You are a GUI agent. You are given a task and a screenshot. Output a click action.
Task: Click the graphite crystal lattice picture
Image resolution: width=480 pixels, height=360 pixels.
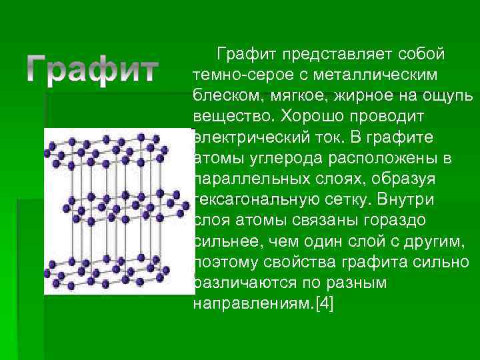[117, 210]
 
